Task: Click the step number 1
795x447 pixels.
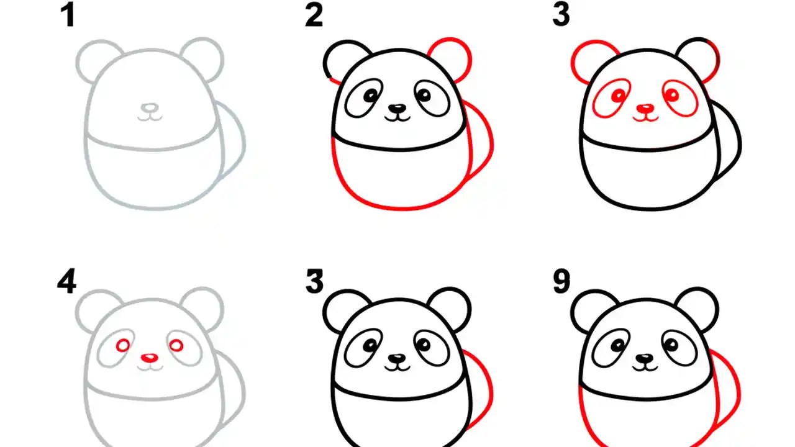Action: point(68,16)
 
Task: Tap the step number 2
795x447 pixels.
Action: point(314,16)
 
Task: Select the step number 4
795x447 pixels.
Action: point(67,282)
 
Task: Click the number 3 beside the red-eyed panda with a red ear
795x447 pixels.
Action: point(561,16)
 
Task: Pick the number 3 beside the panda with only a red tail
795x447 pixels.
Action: point(314,282)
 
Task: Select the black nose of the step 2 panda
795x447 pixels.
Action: point(396,108)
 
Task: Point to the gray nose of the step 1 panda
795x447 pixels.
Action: point(148,107)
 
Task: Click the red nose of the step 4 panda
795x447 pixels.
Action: point(149,358)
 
